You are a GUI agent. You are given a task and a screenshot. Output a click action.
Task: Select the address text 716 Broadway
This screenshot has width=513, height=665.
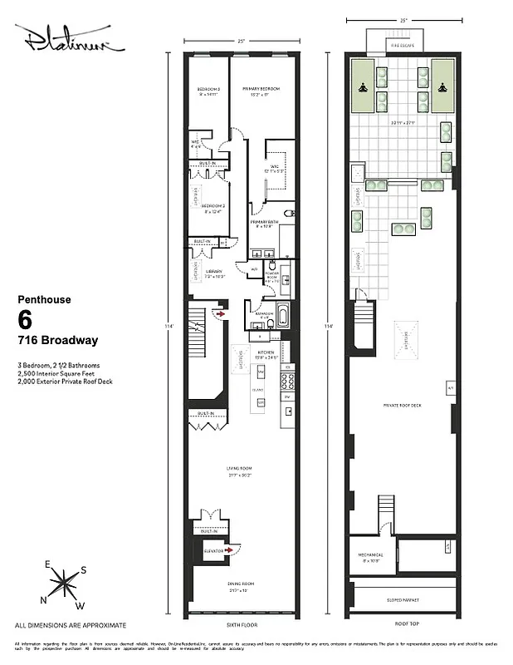(58, 340)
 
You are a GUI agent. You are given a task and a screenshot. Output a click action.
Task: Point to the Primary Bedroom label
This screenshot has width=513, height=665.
(260, 91)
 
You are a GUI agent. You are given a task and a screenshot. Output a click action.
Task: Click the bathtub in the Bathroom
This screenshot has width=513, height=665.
(281, 316)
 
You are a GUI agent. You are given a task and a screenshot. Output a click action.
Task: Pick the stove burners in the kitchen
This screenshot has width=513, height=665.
(288, 381)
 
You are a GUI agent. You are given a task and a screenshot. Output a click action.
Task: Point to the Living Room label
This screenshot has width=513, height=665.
(239, 470)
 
